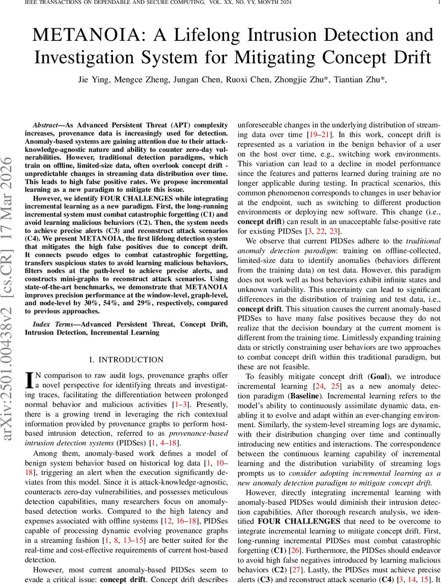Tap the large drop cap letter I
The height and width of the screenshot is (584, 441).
pyautogui.click(x=29, y=379)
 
